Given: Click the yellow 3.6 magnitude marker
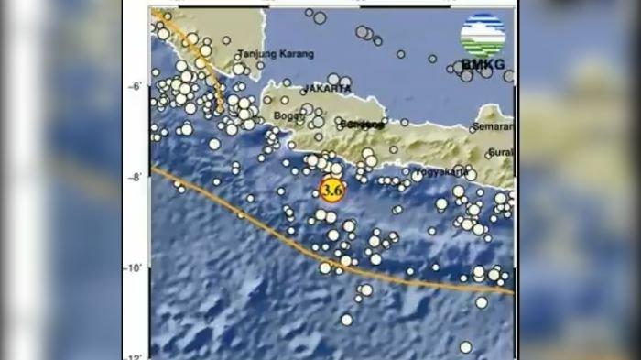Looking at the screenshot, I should [331, 190].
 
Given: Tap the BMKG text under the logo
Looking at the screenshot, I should [482, 65].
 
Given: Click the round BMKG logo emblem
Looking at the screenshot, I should [483, 36].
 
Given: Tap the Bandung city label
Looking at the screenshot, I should [358, 124].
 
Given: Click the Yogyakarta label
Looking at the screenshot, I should [440, 171].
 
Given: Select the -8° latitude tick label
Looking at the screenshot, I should [135, 177].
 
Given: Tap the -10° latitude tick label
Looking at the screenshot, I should [133, 267].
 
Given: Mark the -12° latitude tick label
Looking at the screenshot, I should [133, 356].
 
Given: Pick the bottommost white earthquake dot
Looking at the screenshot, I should [465, 346].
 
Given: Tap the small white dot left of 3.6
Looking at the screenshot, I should [315, 193].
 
